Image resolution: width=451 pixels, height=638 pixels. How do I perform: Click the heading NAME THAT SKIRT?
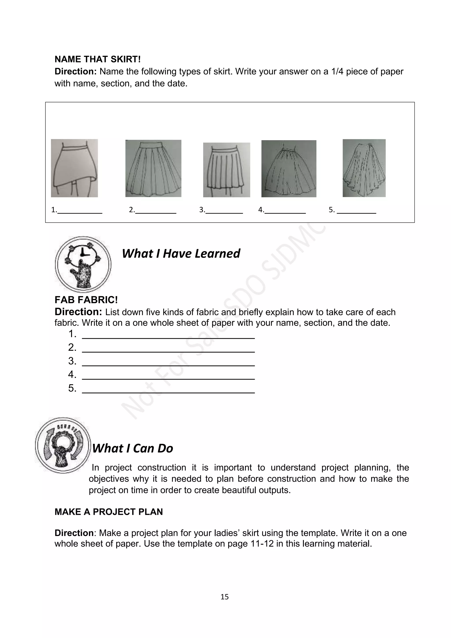(x=98, y=59)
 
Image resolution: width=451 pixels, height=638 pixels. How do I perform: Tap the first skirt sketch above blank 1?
(x=74, y=168)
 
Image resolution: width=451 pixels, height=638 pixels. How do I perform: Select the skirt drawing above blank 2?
(x=153, y=168)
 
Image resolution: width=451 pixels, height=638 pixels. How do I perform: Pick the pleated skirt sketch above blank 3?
(x=227, y=170)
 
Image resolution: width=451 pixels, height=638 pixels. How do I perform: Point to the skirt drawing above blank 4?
(x=289, y=169)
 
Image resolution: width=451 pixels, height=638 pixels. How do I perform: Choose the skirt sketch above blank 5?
(x=364, y=168)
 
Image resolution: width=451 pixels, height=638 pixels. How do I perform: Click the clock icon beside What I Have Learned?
(x=83, y=264)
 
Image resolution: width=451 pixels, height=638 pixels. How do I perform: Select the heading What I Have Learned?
(x=181, y=253)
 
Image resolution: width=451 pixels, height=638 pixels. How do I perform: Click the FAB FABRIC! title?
(x=86, y=300)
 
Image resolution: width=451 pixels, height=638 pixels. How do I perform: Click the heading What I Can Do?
(x=133, y=448)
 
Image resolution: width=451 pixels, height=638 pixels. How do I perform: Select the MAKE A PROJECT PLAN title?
(x=109, y=512)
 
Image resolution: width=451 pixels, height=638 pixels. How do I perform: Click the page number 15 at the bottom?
(x=224, y=597)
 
